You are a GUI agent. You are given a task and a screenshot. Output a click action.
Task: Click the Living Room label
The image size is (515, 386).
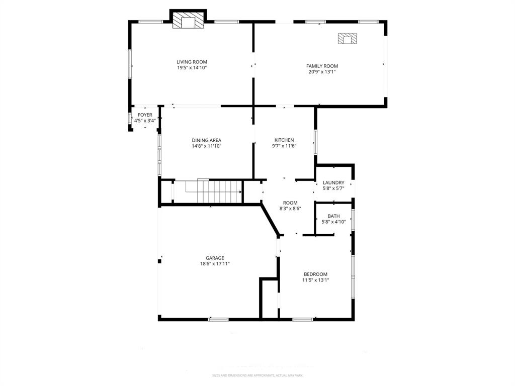point(192,62)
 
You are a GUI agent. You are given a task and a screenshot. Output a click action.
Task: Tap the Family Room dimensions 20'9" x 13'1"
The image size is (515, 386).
point(322,72)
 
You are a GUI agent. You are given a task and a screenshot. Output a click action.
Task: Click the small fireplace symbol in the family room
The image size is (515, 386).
point(347,39)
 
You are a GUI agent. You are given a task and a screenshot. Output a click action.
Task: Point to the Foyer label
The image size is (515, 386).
point(145,115)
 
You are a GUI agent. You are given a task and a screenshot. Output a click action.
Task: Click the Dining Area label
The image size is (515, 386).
point(206,140)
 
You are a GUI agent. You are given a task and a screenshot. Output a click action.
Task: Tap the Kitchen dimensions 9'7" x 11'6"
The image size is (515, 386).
point(284,146)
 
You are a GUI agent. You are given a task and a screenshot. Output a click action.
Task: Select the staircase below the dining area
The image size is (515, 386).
point(214,191)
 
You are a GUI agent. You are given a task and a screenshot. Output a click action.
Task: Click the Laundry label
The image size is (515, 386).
point(333,182)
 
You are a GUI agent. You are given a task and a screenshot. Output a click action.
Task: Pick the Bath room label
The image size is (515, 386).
point(333,216)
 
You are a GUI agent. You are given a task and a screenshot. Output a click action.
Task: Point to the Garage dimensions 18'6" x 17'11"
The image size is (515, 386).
point(215,264)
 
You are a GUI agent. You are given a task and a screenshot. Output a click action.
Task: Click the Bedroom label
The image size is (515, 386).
point(315,274)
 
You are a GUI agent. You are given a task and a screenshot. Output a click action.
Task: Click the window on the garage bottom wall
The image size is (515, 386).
point(218,319)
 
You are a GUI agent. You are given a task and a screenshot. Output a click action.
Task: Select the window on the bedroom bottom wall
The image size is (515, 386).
point(302,319)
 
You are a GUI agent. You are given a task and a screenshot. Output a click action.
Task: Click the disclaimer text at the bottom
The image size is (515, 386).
point(257,375)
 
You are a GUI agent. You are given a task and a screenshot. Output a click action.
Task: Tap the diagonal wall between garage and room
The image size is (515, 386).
point(271,218)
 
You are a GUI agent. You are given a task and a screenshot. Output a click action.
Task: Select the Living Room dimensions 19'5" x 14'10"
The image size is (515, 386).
point(192,68)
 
